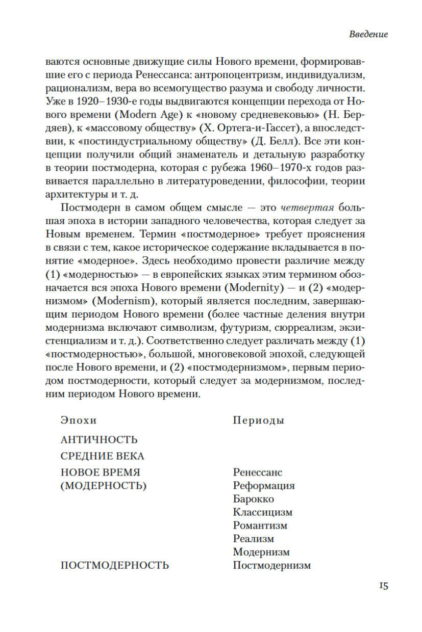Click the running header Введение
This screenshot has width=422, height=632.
point(368,34)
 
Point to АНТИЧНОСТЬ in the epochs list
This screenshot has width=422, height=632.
point(99,439)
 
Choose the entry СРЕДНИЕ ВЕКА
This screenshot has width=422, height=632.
point(102,456)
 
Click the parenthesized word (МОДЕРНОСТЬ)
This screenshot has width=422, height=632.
point(104,486)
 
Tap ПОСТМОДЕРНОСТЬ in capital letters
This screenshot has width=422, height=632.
point(114,565)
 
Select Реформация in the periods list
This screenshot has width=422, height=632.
point(263,486)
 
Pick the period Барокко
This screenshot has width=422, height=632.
point(253,499)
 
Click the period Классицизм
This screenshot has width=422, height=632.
point(262,512)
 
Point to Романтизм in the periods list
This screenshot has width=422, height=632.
point(260,525)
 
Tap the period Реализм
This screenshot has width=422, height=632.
point(253,539)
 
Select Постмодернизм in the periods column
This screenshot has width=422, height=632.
point(271,565)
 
